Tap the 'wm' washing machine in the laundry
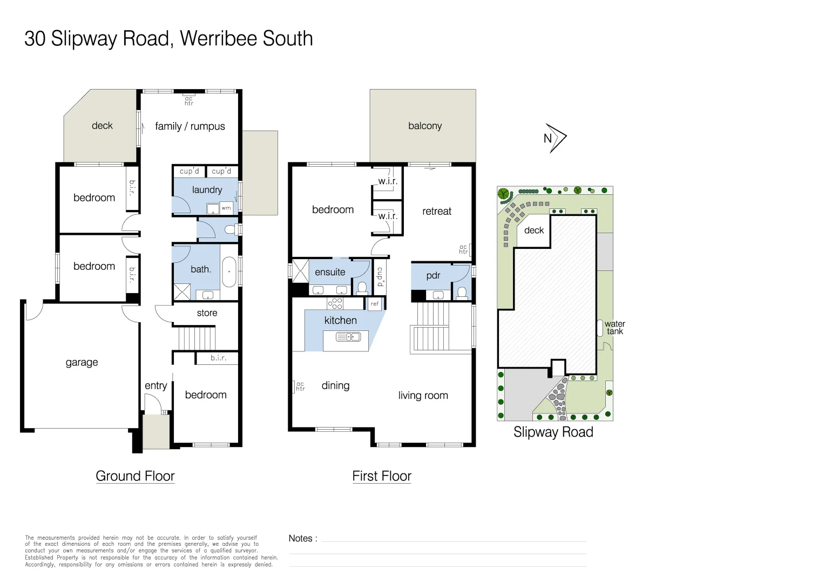(226, 208)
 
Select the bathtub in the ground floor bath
(229, 272)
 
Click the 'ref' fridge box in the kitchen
(375, 304)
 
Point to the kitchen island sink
(348, 337)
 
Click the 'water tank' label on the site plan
(614, 328)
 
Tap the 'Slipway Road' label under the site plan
(553, 432)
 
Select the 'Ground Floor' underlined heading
(135, 476)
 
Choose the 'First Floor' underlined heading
(382, 476)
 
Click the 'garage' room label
(82, 362)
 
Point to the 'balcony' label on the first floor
(425, 126)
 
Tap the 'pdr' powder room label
(433, 275)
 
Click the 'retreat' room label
(437, 211)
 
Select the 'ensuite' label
(330, 272)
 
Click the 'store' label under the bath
(207, 313)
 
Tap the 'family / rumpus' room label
(190, 126)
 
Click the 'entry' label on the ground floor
(155, 385)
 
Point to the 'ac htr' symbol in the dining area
(300, 387)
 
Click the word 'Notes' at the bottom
(301, 538)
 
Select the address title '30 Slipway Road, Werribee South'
(168, 39)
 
